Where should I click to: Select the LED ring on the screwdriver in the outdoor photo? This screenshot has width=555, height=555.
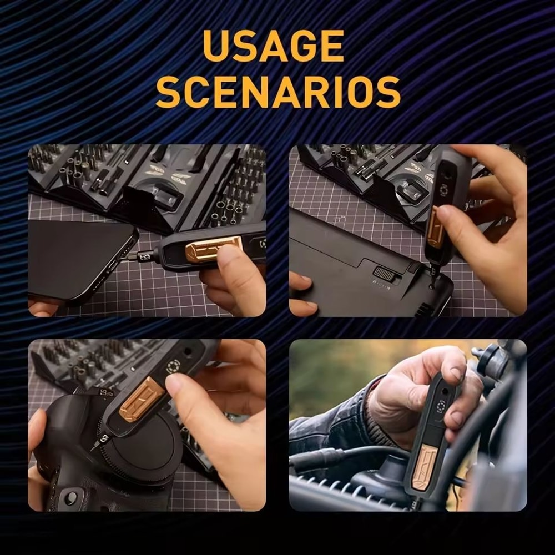442,405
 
